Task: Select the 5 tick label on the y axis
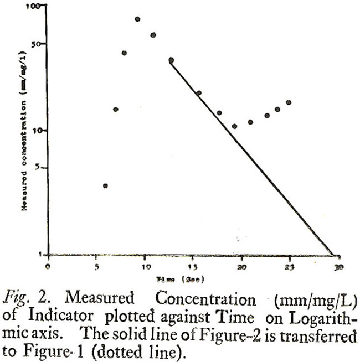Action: click(41, 168)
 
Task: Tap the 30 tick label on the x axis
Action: click(337, 266)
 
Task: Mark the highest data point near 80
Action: click(137, 19)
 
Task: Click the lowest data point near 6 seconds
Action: click(105, 185)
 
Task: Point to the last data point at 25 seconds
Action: click(289, 102)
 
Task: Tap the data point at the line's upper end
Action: click(171, 60)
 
